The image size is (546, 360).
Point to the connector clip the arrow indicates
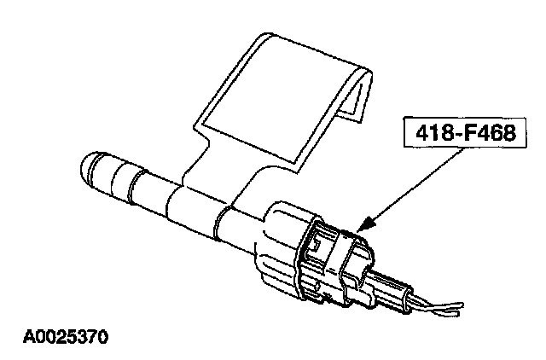[341, 256]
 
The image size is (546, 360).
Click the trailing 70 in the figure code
[96, 336]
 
